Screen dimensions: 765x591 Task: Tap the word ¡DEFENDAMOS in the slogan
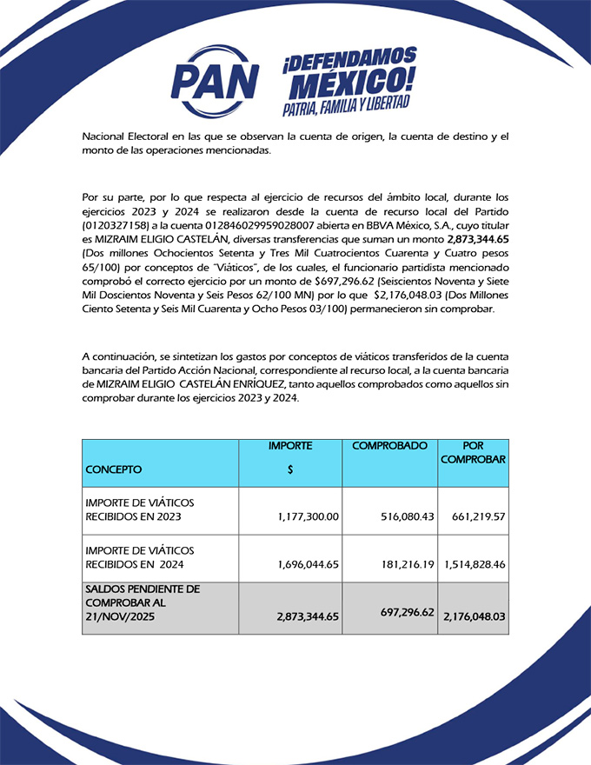[x=349, y=61]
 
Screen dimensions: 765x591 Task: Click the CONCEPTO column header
[x=113, y=469]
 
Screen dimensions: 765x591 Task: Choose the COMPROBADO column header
[x=389, y=446]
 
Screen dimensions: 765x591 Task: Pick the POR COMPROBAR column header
[x=473, y=452]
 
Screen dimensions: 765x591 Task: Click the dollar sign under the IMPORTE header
[x=289, y=469]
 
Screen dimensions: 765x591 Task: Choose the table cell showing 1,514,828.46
[x=475, y=564]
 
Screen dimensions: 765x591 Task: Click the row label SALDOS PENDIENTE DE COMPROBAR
[x=143, y=602]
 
